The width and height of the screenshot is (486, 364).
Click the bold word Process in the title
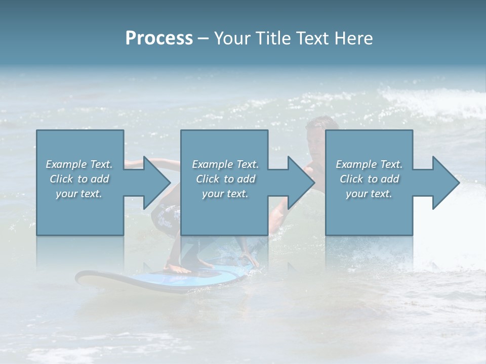point(159,38)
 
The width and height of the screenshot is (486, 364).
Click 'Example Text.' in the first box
point(79,164)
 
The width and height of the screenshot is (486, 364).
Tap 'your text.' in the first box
point(79,193)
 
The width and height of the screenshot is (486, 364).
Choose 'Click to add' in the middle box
point(225,178)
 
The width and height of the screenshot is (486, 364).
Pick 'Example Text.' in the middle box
point(225,164)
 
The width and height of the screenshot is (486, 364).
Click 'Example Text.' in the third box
point(369,164)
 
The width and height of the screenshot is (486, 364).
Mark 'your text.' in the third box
point(369,193)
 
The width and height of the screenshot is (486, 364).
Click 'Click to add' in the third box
point(369,178)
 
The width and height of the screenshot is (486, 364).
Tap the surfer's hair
point(322,123)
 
